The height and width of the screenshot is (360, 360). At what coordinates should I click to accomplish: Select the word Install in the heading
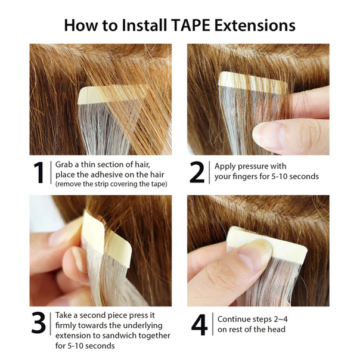click(138, 25)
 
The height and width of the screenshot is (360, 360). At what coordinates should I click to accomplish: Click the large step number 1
click(39, 173)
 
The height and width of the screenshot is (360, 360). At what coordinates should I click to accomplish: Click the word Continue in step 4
click(235, 319)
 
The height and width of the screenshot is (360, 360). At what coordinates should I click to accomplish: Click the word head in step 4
click(276, 330)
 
